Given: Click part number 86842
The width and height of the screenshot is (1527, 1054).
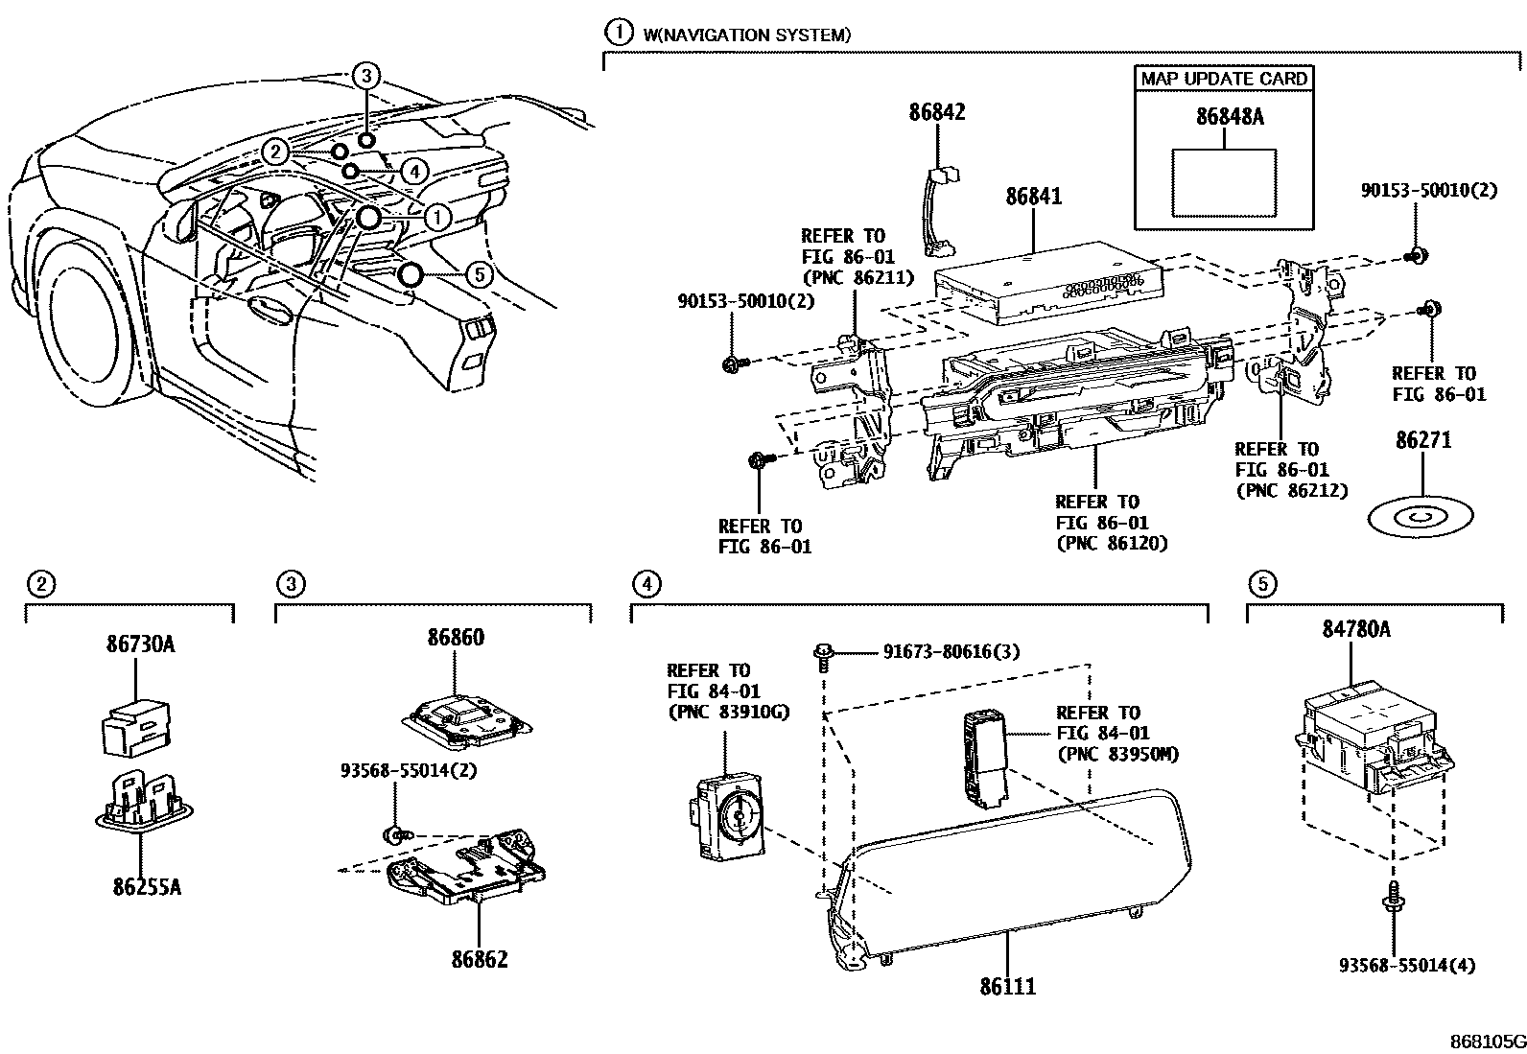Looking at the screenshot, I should (x=937, y=112).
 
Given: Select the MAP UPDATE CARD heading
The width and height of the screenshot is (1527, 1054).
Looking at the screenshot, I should (x=1224, y=79).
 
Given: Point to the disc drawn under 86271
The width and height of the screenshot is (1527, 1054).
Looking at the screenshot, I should (x=1421, y=518).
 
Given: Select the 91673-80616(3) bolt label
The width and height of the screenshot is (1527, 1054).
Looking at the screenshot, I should (x=951, y=652).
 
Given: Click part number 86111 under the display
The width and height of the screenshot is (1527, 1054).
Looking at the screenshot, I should (x=1007, y=985).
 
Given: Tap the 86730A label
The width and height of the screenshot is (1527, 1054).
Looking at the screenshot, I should (x=140, y=644).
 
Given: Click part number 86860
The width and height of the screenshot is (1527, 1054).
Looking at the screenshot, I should (x=456, y=638).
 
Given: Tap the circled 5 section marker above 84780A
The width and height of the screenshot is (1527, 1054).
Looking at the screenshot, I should (x=1262, y=582).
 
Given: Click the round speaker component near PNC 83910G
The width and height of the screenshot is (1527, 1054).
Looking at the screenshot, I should (x=740, y=816).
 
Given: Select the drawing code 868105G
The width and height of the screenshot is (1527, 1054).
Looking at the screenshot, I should (x=1486, y=1041).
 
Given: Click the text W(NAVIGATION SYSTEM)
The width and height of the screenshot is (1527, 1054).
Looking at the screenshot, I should (x=746, y=35).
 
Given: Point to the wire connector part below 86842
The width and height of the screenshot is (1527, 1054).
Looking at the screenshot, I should (x=936, y=211).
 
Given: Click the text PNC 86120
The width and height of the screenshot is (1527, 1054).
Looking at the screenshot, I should (x=1112, y=544).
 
